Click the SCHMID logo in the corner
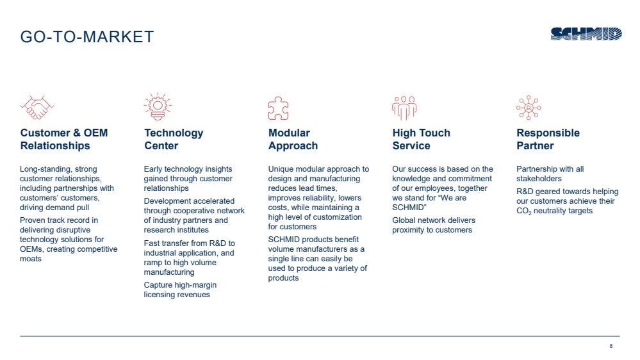pos(586,34)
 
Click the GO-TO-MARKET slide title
pos(87,37)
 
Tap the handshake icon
pos(37,108)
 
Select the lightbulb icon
pos(158,106)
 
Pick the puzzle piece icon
pos(278,108)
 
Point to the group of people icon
pos(404,108)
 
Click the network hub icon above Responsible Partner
pos(529,108)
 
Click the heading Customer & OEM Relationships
pos(64,139)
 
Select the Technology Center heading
pos(174,139)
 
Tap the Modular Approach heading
pos(293,139)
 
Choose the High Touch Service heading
pos(422,139)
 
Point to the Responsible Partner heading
pos(548,139)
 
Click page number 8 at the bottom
pos(611,346)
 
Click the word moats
pos(31,259)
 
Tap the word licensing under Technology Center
pos(160,295)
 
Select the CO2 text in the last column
pos(523,211)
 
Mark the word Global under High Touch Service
pos(404,220)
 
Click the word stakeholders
pos(539,179)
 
